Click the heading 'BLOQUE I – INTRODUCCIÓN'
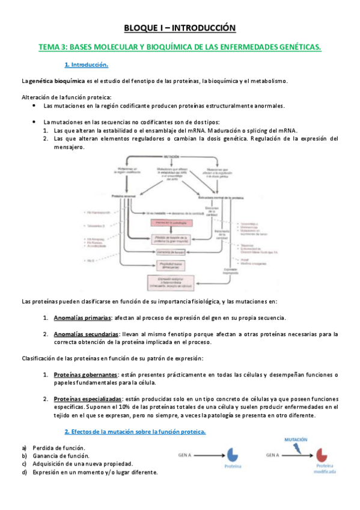(180, 28)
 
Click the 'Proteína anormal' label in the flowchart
(127, 197)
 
